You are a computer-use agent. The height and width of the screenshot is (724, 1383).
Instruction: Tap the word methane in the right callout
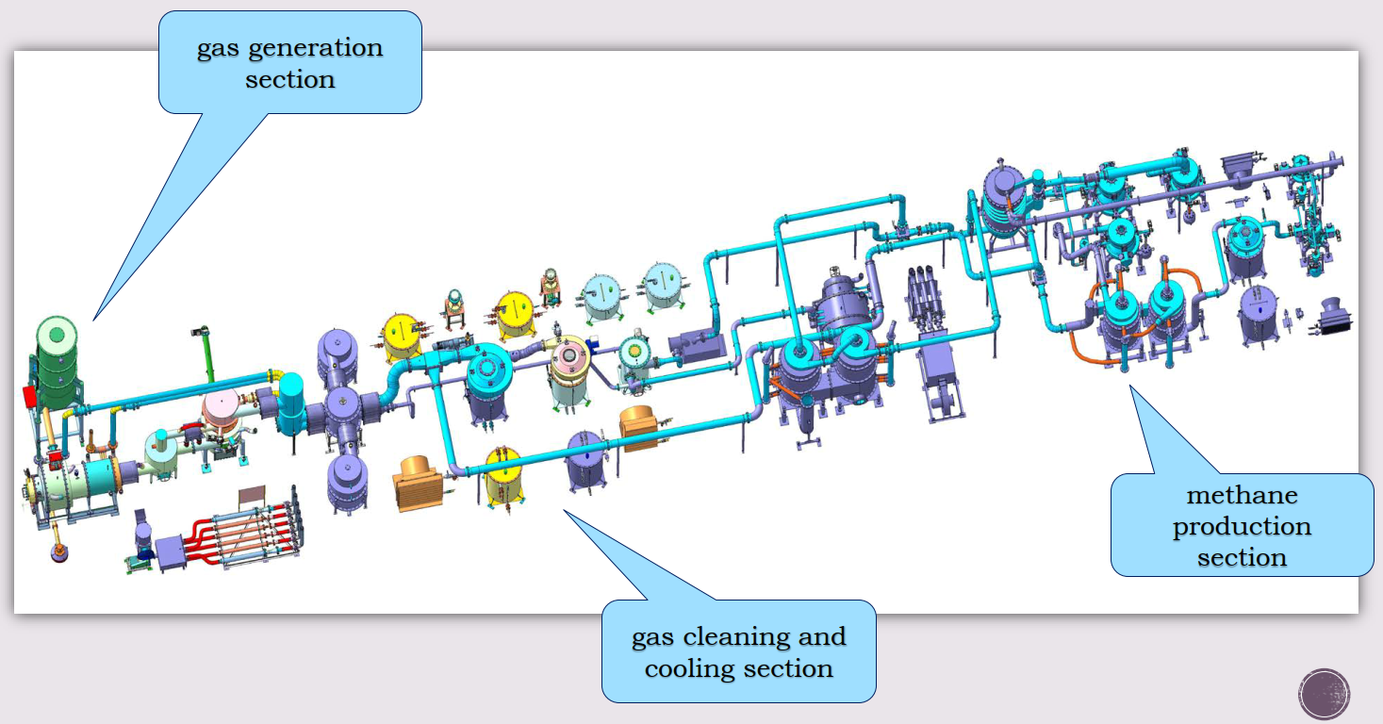pyautogui.click(x=1242, y=495)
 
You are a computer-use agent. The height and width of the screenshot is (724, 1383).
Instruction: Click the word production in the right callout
pyautogui.click(x=1242, y=527)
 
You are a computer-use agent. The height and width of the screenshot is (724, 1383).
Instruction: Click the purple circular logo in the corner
pyautogui.click(x=1324, y=695)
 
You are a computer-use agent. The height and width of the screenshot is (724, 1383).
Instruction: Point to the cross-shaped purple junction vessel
pyautogui.click(x=342, y=408)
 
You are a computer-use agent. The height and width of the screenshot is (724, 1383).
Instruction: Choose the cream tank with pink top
pyautogui.click(x=568, y=371)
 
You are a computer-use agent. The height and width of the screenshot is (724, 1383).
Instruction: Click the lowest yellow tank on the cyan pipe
pyautogui.click(x=503, y=476)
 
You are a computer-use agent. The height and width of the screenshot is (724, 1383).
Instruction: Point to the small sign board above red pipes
pyautogui.click(x=252, y=496)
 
